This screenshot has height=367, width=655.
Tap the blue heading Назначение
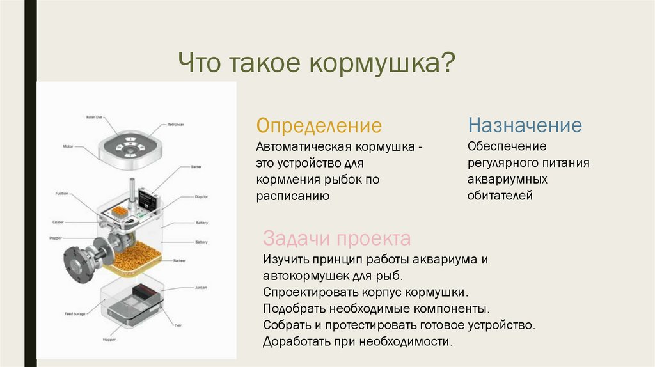pyautogui.click(x=525, y=125)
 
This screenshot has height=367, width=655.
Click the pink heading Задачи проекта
pyautogui.click(x=336, y=238)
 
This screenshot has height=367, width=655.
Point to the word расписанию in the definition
pyautogui.click(x=293, y=196)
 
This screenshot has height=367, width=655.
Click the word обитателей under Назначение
pyautogui.click(x=500, y=196)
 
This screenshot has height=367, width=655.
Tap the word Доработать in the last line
pyautogui.click(x=295, y=341)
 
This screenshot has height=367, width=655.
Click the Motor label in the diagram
pyautogui.click(x=68, y=146)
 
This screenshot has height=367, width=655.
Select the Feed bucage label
pyautogui.click(x=76, y=314)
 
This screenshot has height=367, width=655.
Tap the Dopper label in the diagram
pyautogui.click(x=56, y=237)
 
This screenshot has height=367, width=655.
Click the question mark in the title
pyautogui.click(x=448, y=64)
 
